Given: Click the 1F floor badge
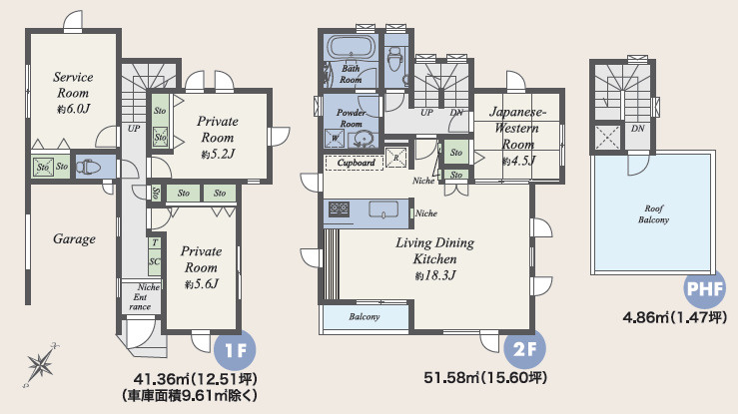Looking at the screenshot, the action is (235, 350).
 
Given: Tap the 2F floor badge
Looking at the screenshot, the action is (524, 349).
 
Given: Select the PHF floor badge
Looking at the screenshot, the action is (705, 288).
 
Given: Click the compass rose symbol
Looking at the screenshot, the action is (41, 365).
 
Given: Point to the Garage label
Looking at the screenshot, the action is (74, 239).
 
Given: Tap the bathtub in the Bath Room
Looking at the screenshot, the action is (350, 47).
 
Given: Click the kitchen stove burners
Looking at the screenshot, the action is (339, 208).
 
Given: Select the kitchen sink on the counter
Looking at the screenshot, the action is (383, 209).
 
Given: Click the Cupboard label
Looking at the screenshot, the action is (356, 163).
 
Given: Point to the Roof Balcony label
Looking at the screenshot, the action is (653, 213).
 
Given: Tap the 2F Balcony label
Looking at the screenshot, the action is (365, 316).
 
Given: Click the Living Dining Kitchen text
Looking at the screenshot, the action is (434, 251).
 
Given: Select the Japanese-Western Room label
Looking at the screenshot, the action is (517, 128).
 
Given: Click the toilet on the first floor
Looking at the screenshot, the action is (89, 167).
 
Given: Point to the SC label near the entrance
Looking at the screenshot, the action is (155, 261).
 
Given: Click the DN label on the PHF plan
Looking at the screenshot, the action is (638, 129).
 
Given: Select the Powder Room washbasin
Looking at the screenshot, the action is (363, 139).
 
